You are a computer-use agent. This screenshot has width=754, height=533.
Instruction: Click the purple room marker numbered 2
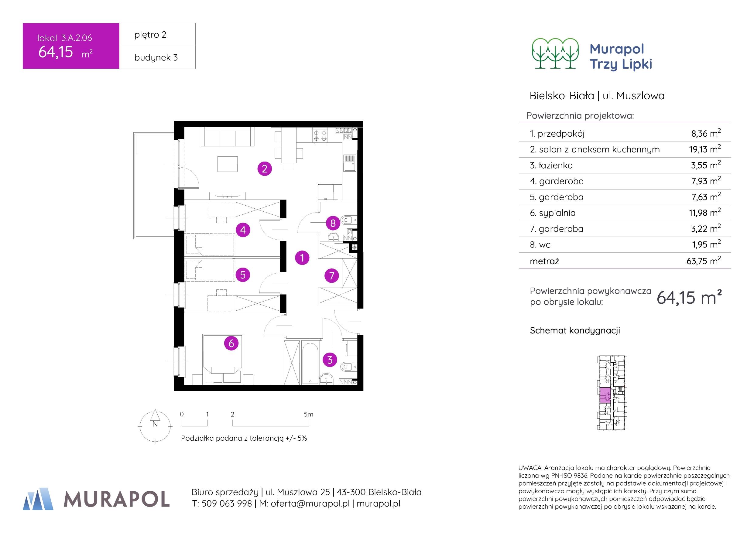pyautogui.click(x=264, y=169)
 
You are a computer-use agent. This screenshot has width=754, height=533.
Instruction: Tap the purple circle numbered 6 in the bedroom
pyautogui.click(x=231, y=343)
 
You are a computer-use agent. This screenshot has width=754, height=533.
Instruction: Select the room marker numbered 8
pyautogui.click(x=333, y=223)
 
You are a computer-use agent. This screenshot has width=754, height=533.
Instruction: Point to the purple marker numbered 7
pyautogui.click(x=331, y=275)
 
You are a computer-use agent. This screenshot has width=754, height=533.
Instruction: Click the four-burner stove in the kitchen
pyautogui.click(x=320, y=136)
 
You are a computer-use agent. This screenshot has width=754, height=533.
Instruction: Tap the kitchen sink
pyautogui.click(x=349, y=163)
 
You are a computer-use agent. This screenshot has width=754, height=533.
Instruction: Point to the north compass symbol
pyautogui.click(x=155, y=425)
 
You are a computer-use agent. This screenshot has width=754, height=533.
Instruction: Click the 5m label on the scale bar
pyautogui.click(x=308, y=415)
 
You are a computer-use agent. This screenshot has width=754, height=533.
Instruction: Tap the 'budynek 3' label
pyautogui.click(x=156, y=57)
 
